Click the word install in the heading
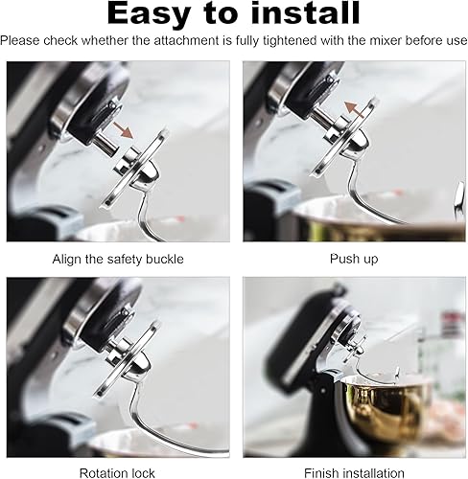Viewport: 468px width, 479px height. pyautogui.click(x=305, y=12)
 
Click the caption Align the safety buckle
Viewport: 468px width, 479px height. pyautogui.click(x=118, y=259)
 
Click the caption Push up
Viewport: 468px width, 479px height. pyautogui.click(x=354, y=259)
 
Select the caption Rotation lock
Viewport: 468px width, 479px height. pyautogui.click(x=117, y=472)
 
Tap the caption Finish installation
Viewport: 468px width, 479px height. pyautogui.click(x=354, y=472)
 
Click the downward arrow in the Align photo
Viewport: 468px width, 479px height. pyautogui.click(x=123, y=129)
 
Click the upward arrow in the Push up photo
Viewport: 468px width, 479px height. pyautogui.click(x=355, y=110)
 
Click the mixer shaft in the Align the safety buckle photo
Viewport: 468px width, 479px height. pyautogui.click(x=105, y=145)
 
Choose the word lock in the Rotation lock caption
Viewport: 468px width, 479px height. pyautogui.click(x=143, y=472)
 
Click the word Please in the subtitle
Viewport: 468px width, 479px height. pyautogui.click(x=21, y=41)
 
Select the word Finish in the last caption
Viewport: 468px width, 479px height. pyautogui.click(x=319, y=472)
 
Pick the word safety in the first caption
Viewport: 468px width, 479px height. pyautogui.click(x=124, y=259)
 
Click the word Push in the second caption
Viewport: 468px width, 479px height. pyautogui.click(x=342, y=259)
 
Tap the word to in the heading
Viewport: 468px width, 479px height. pyautogui.click(x=221, y=13)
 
